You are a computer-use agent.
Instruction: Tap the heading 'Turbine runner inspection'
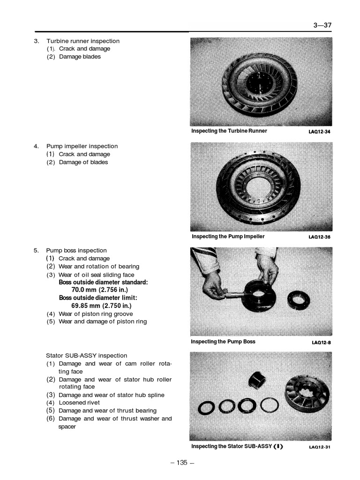click(82, 41)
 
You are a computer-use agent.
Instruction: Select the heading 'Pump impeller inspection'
click(82, 146)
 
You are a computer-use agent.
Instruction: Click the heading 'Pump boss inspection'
click(76, 250)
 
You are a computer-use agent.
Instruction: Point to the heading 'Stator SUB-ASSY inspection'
click(86, 355)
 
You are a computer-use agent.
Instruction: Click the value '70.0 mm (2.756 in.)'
click(101, 290)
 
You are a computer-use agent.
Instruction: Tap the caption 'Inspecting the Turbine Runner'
click(229, 131)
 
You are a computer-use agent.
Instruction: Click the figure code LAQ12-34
click(319, 132)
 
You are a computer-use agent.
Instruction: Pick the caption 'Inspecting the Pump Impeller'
click(228, 236)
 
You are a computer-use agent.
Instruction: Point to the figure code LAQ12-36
click(319, 237)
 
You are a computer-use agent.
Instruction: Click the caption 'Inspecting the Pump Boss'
click(223, 342)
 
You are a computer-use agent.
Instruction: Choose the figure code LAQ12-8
click(321, 343)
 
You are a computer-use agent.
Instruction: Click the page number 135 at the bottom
click(182, 463)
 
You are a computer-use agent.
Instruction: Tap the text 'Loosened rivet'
click(79, 403)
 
